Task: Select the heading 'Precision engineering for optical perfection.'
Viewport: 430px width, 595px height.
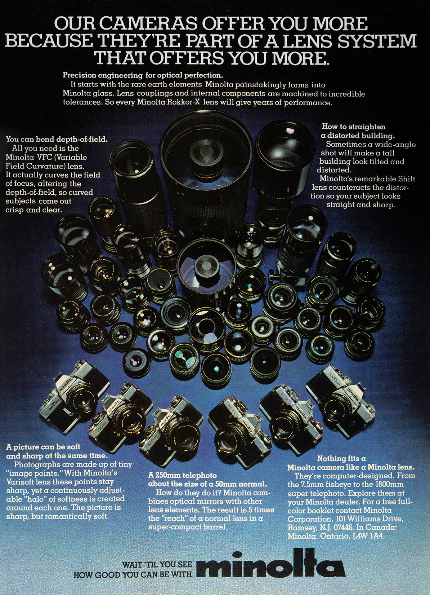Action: [x=143, y=75]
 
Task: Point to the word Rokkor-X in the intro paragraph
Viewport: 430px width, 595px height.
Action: [x=183, y=102]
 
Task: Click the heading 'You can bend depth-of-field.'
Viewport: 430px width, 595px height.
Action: [x=57, y=140]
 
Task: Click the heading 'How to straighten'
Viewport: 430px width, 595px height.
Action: [x=354, y=127]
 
